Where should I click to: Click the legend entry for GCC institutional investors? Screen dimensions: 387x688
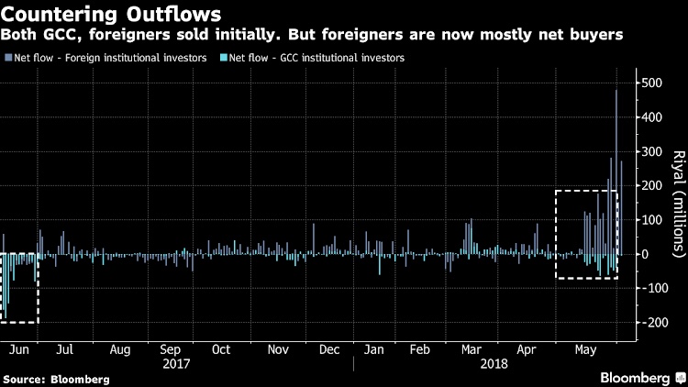(x=316, y=58)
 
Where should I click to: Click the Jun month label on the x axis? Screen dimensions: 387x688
(x=14, y=349)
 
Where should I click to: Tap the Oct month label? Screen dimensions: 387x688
(x=220, y=349)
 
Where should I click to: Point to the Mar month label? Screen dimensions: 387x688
(x=472, y=349)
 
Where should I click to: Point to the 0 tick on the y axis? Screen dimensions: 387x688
(x=646, y=254)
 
